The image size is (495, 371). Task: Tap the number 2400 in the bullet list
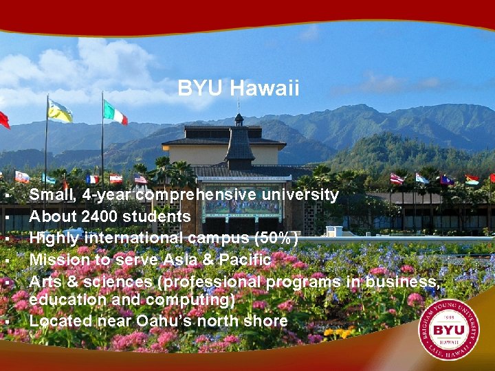[100, 216]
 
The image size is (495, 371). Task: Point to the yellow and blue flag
[60, 111]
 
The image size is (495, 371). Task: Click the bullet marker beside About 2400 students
[5, 217]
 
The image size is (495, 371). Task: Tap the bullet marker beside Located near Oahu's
[5, 322]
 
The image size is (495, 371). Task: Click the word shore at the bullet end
[268, 321]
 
